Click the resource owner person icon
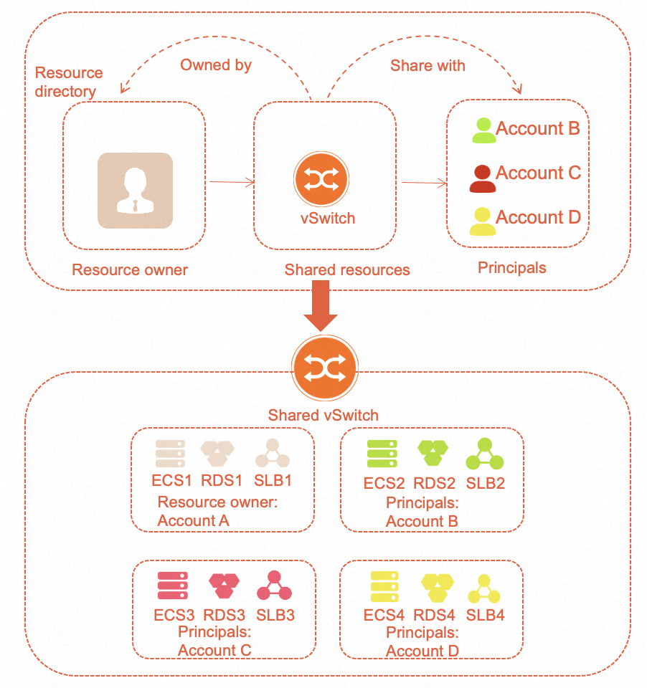[x=135, y=191]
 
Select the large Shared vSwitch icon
[x=324, y=368]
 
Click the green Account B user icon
[x=483, y=130]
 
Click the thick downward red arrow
[x=316, y=306]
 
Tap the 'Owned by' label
[x=215, y=65]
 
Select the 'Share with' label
[x=428, y=65]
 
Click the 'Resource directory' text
[x=69, y=82]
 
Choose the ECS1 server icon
[x=171, y=454]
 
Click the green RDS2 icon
[x=433, y=454]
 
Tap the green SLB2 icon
[x=484, y=454]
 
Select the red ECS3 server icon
[x=172, y=586]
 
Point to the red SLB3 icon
[x=274, y=586]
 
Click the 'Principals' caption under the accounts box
[x=511, y=268]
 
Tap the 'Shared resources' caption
[x=347, y=270]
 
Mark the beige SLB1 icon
[x=273, y=454]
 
